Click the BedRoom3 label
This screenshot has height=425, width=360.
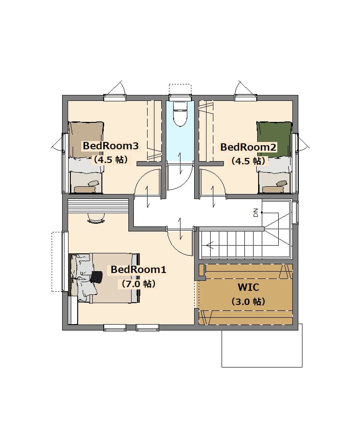111,146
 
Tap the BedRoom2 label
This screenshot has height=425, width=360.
248,147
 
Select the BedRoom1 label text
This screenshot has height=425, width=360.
138,270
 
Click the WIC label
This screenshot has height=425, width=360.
248,287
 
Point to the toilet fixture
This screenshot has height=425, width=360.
180,114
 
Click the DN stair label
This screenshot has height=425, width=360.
255,213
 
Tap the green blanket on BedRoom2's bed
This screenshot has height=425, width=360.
274,139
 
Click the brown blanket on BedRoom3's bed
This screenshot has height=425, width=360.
86,140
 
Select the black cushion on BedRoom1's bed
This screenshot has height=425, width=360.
96,277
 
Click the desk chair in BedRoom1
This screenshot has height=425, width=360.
96,218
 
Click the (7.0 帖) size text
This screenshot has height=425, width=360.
138,284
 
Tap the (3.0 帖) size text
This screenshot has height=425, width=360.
248,301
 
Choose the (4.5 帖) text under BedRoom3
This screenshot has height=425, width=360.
111,160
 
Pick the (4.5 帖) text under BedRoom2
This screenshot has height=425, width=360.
248,161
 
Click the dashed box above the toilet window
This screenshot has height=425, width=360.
180,89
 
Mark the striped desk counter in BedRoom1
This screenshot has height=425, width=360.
98,206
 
